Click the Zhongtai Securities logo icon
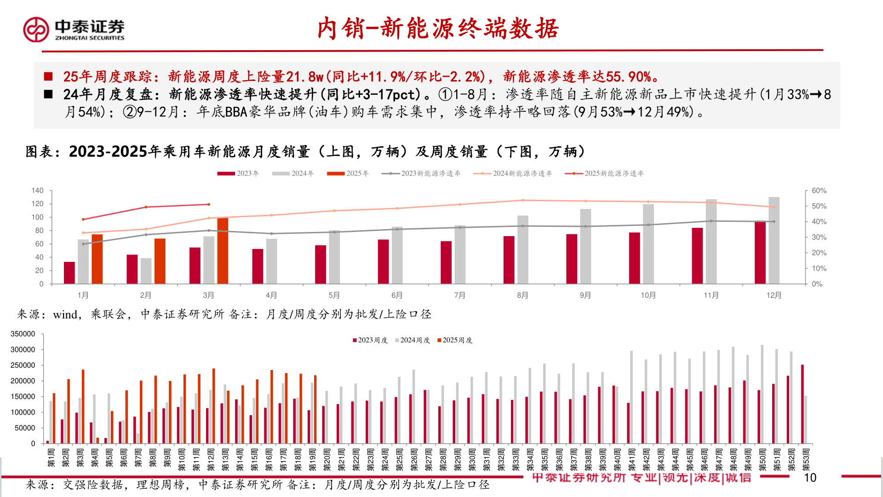pyautogui.click(x=36, y=30)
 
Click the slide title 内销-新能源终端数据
pyautogui.click(x=437, y=29)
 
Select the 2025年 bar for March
pyautogui.click(x=223, y=251)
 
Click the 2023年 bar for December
pyautogui.click(x=760, y=253)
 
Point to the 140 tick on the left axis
pyautogui.click(x=37, y=191)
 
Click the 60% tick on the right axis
pyautogui.click(x=819, y=191)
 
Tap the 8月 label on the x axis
pyautogui.click(x=522, y=295)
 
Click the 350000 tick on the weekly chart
pyautogui.click(x=23, y=334)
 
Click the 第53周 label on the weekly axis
pyautogui.click(x=806, y=460)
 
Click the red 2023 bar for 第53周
pyautogui.click(x=803, y=404)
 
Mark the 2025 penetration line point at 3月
pyautogui.click(x=209, y=204)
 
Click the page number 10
pyautogui.click(x=810, y=478)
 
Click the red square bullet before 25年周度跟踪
pyautogui.click(x=48, y=76)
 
